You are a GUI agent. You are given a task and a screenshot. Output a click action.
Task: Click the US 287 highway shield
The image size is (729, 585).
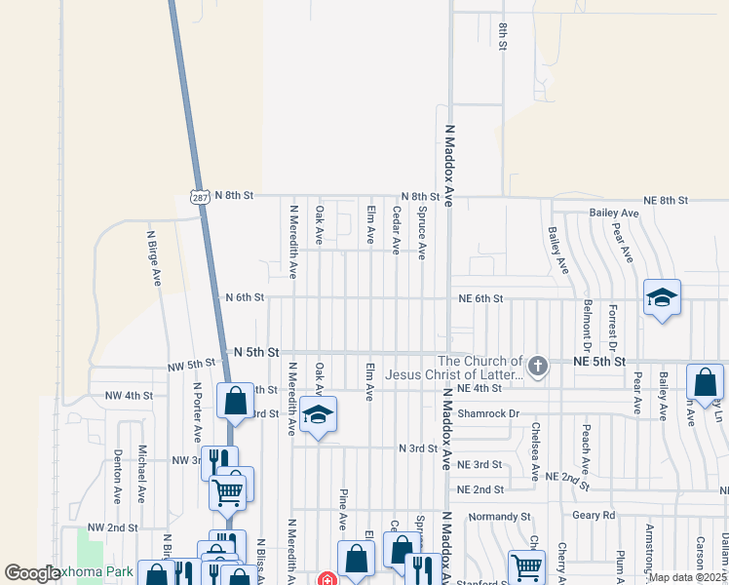199,197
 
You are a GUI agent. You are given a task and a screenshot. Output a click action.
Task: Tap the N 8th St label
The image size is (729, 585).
233,196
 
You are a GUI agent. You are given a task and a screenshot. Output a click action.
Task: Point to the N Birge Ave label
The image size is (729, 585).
154,257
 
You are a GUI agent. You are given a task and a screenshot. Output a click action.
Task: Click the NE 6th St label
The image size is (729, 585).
482,298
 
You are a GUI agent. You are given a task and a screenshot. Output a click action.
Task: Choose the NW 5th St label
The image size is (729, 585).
190,365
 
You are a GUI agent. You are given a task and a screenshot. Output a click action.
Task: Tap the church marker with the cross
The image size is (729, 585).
538,367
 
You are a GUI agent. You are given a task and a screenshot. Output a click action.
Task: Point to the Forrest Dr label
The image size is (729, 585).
612,327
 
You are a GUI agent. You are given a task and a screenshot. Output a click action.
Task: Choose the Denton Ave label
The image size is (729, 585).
118,476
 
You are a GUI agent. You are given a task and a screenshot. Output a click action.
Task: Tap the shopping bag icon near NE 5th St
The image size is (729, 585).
704,382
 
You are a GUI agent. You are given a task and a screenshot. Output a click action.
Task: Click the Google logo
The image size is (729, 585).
33,574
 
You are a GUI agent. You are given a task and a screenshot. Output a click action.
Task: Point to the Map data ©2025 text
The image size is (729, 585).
686,577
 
